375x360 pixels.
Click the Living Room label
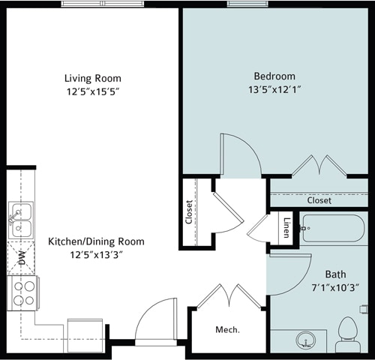coord(92,78)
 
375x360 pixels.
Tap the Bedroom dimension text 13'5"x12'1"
coord(274,88)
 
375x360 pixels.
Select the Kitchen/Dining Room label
coord(96,241)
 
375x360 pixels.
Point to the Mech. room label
coord(226,330)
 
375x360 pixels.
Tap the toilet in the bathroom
coord(347,335)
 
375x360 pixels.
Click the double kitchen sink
coord(20,219)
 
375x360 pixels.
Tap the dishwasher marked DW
coord(22,259)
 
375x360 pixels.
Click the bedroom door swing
coord(238,156)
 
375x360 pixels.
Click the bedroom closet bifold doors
coord(318,166)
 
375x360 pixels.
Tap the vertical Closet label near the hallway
coord(190,212)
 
